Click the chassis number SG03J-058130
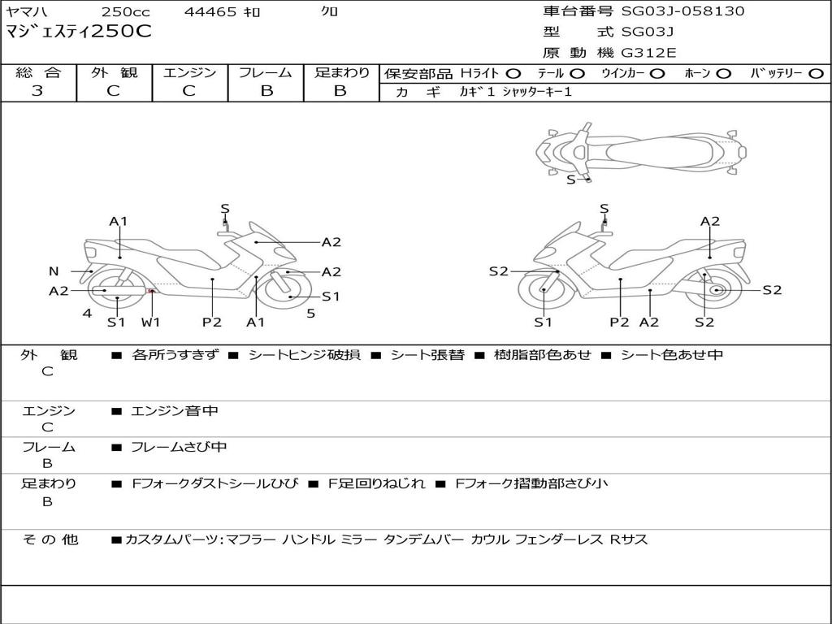[x=682, y=11]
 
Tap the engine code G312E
[x=649, y=53]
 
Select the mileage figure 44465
[x=210, y=11]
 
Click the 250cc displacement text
[x=126, y=11]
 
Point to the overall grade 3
[x=37, y=90]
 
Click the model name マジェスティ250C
[x=79, y=32]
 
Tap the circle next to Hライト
[x=513, y=74]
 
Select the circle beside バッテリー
[x=816, y=74]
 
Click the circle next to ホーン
[x=724, y=74]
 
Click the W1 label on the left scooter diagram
[x=150, y=322]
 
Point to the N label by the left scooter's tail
[x=54, y=271]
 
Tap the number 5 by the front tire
[x=311, y=314]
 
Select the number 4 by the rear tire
[x=87, y=314]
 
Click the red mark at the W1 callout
[x=151, y=291]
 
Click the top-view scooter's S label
[x=571, y=180]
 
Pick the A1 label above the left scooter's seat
[x=119, y=221]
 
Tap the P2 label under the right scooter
[x=619, y=322]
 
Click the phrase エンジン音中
[x=175, y=410]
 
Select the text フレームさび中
[x=179, y=447]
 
